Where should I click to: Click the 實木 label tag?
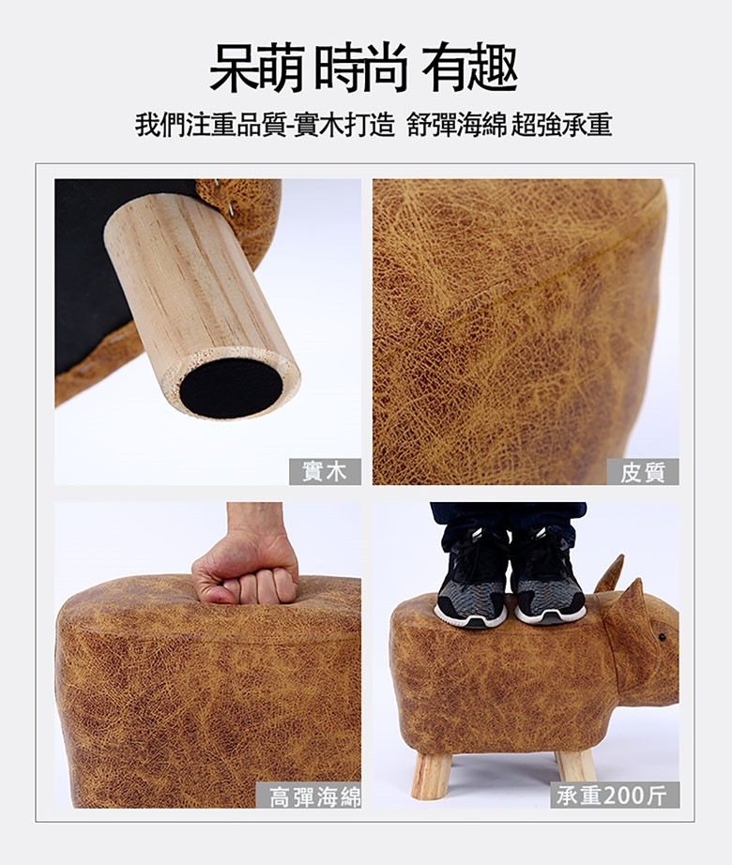coord(325,472)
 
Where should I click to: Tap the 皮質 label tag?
coord(643,472)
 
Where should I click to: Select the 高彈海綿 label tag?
coord(309,796)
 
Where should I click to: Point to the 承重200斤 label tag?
coord(615,795)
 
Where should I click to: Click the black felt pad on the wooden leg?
coord(231,387)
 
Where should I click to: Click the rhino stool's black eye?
coord(662,638)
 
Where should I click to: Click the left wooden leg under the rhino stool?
coord(431,776)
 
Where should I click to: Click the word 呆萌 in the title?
coord(257,68)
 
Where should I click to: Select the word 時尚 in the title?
coord(361,68)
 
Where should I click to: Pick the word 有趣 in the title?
coord(470,68)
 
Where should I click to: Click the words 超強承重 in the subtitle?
coord(561,125)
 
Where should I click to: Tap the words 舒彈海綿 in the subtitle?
coord(457,125)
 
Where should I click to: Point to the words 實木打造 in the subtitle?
coord(344,125)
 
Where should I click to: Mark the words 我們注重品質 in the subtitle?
coord(211,125)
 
